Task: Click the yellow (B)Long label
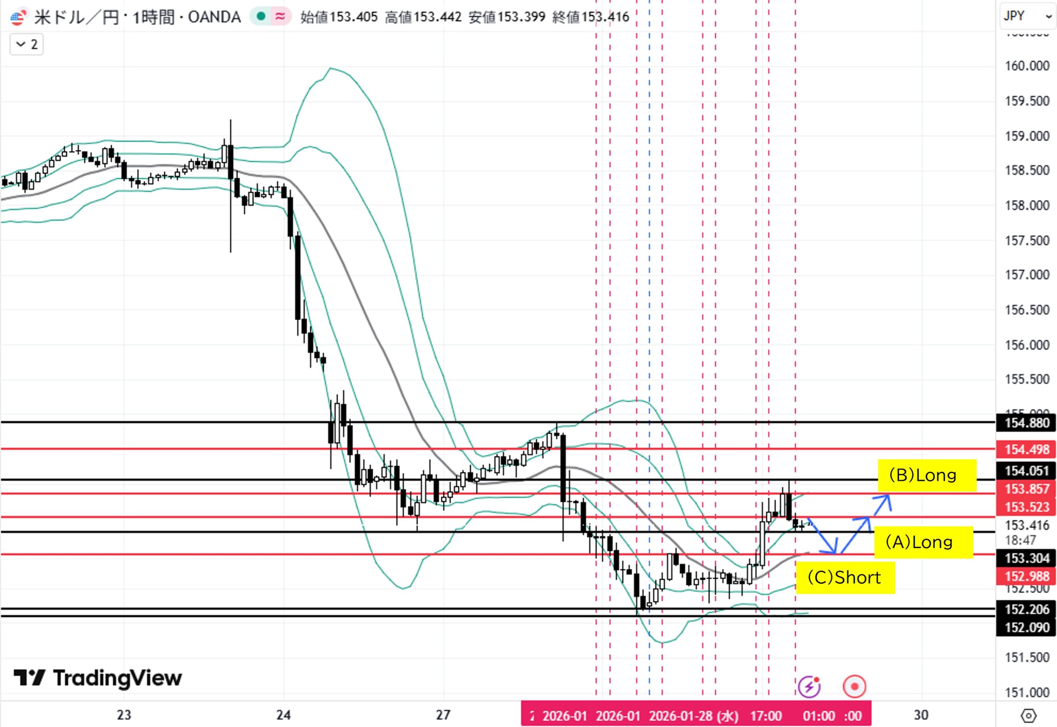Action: pos(927,475)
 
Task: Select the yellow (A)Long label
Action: pos(923,542)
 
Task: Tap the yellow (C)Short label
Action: pos(844,577)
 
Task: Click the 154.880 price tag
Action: pos(1026,423)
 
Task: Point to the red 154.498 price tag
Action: pos(1026,449)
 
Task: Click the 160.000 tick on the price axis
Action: pos(1026,66)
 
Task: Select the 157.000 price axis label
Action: pos(1026,275)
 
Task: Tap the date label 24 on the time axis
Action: pos(283,715)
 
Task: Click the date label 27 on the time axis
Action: pos(443,715)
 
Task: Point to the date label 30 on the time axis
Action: pos(921,715)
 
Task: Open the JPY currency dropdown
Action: pos(1027,17)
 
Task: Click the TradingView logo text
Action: pos(117,678)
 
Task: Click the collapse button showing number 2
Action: pos(27,44)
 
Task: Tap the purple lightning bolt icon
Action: pos(809,687)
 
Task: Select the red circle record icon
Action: pos(854,687)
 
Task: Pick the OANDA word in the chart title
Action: pos(214,17)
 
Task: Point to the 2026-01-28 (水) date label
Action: pos(693,715)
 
